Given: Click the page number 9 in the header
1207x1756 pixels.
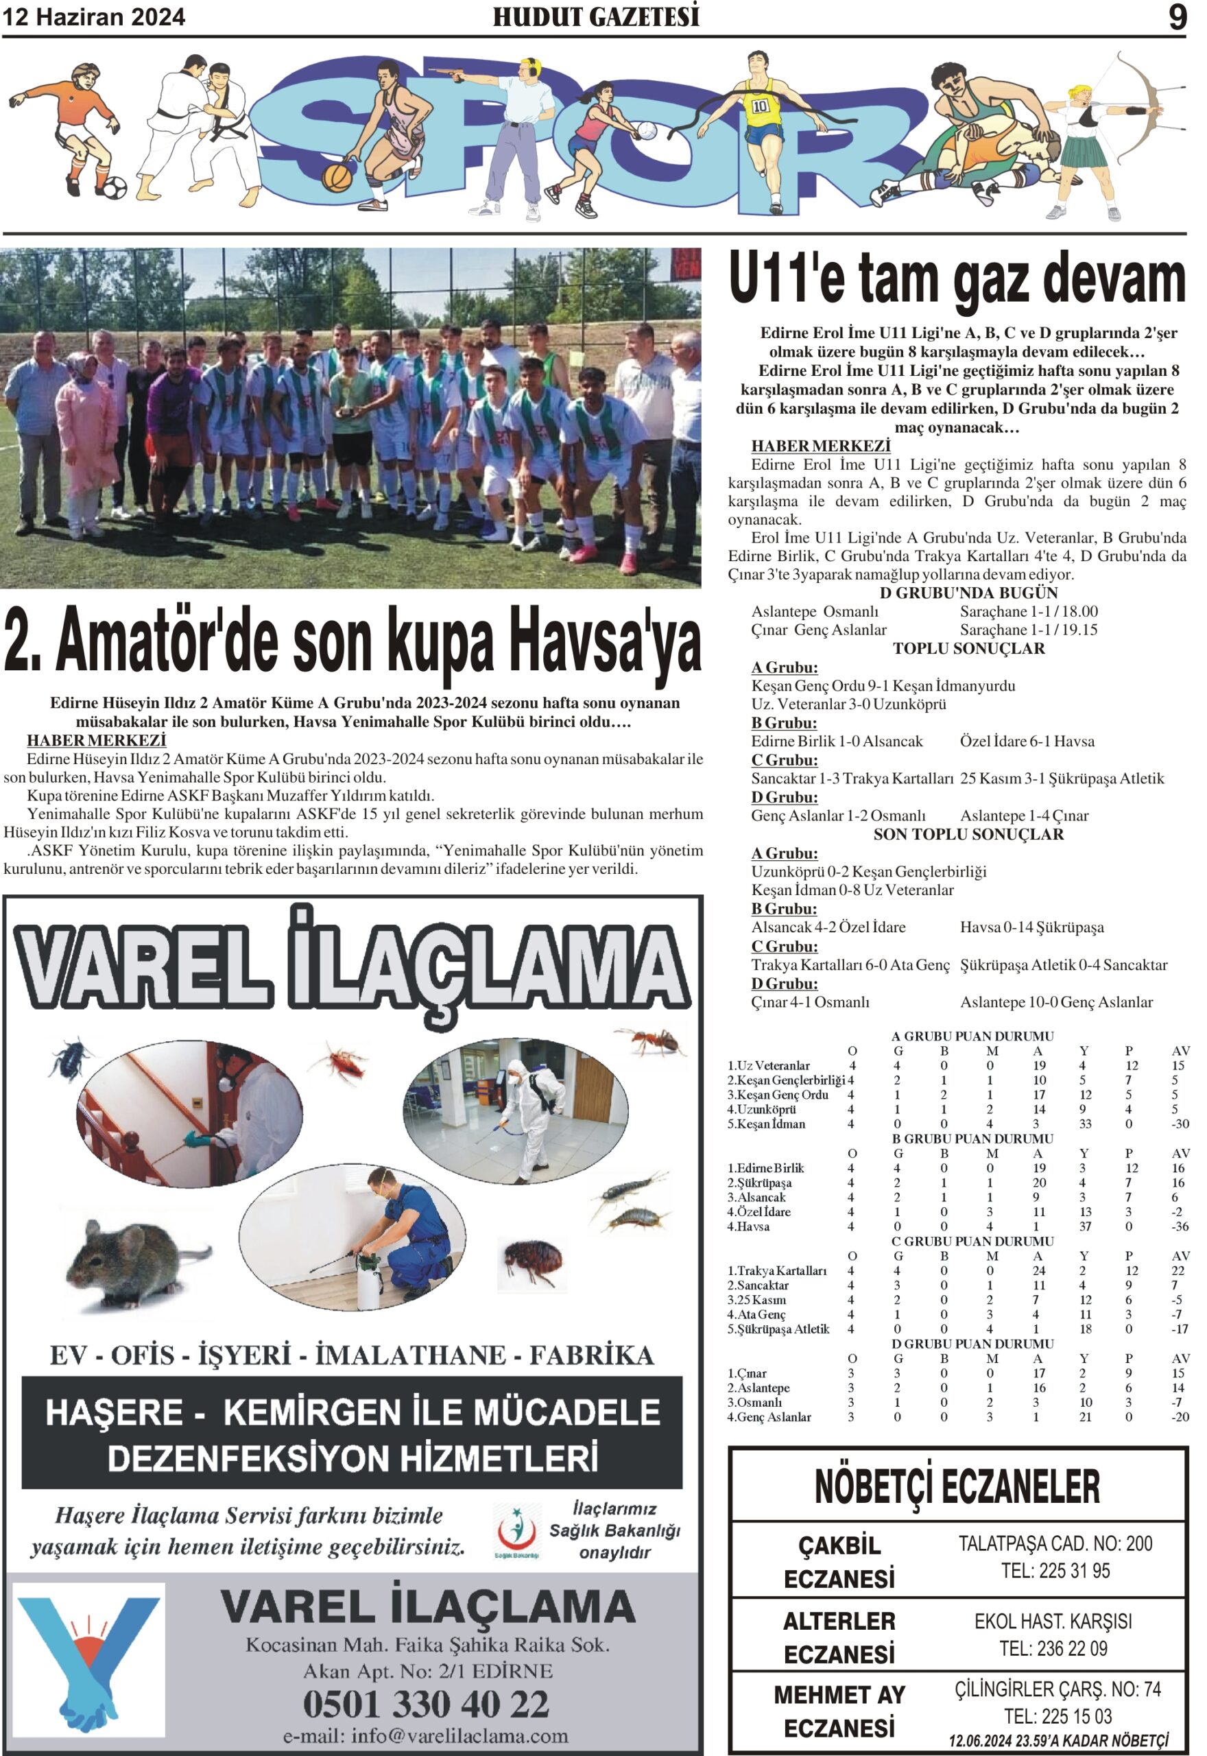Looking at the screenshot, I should (x=1178, y=17).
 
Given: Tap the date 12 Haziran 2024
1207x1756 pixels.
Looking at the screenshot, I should (x=94, y=17).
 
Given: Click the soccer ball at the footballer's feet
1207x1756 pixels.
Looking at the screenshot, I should (x=113, y=187).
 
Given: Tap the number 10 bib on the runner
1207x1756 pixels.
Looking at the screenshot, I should (x=760, y=106).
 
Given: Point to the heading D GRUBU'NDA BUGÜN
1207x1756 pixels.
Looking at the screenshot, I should (x=968, y=593).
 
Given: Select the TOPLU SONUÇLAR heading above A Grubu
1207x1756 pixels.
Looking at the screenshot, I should (x=968, y=648).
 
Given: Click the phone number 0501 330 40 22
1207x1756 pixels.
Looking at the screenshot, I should (x=426, y=1704).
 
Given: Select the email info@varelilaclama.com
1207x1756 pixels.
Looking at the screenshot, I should (x=426, y=1735).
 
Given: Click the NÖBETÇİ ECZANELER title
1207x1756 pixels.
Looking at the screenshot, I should (x=957, y=1486).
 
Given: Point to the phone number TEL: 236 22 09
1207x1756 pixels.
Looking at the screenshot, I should (x=1053, y=1648).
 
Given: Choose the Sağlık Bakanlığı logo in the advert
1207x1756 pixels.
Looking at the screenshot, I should (x=516, y=1530).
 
